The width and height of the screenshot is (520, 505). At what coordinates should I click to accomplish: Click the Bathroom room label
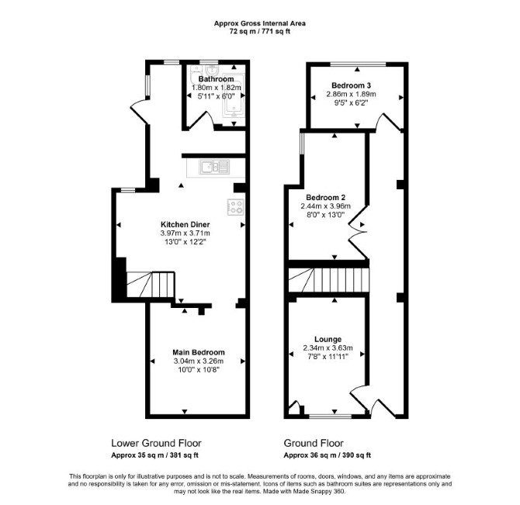217,79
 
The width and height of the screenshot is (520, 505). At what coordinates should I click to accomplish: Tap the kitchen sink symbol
214,167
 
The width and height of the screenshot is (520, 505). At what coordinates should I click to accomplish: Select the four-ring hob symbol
236,207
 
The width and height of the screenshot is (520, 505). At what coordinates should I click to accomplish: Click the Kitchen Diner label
185,224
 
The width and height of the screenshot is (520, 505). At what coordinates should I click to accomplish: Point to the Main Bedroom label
199,352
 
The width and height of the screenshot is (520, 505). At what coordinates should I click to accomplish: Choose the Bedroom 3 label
352,85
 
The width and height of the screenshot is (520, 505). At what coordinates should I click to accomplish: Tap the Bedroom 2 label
326,198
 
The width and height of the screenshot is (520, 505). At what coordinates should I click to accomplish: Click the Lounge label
328,339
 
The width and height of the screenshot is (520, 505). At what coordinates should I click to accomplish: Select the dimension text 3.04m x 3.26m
199,361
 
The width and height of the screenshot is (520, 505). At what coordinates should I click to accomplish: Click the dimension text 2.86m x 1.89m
352,94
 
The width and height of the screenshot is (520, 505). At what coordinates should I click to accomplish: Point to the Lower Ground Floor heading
156,443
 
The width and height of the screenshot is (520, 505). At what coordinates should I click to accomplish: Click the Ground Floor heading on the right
314,443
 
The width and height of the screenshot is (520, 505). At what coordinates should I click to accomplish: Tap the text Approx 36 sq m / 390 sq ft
327,455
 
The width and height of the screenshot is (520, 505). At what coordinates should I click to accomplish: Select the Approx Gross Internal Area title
260,23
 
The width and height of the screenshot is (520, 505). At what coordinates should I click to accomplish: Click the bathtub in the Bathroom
234,94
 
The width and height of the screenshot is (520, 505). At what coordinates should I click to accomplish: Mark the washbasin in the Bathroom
211,70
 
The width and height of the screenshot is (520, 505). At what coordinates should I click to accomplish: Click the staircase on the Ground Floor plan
328,280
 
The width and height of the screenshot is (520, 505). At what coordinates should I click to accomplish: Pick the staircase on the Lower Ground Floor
151,285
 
